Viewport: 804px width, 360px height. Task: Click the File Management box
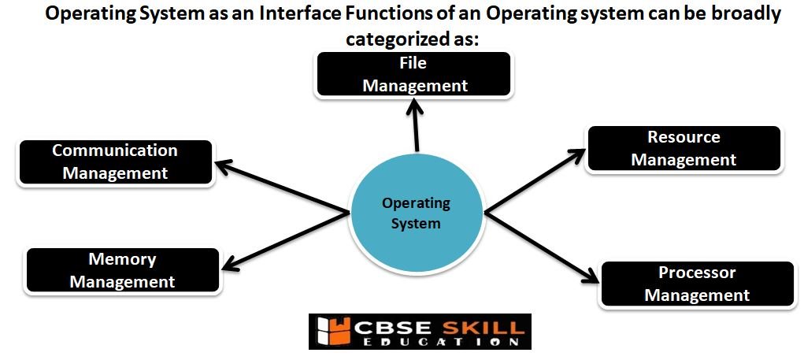pos(413,74)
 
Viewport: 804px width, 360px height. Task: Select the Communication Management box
pos(116,162)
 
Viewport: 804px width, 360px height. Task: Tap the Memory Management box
pos(123,270)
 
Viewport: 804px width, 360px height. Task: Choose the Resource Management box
pos(684,148)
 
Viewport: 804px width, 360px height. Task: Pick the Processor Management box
pos(697,284)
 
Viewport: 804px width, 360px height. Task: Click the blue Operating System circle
pos(417,213)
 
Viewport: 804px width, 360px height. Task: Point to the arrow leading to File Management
pos(414,124)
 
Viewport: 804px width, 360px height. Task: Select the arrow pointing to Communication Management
pos(281,187)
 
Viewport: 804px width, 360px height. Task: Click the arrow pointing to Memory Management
pos(285,240)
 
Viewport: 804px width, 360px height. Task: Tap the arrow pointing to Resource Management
pos(535,180)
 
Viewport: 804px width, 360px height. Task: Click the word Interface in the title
pos(294,14)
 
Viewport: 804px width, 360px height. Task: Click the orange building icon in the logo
pos(332,332)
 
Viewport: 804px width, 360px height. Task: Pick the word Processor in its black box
pos(697,273)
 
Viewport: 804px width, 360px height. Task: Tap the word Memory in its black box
pos(122,259)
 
